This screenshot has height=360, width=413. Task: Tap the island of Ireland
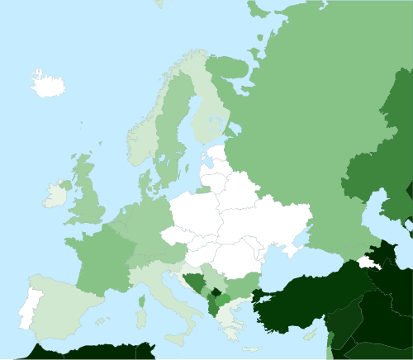55,196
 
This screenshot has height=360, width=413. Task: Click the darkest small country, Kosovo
217,295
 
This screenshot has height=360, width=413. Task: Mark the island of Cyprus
311,334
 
